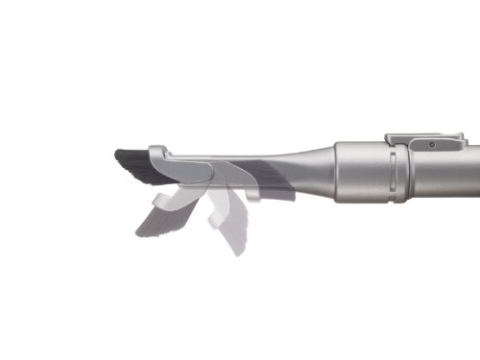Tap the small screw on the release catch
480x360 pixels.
click(x=432, y=144)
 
